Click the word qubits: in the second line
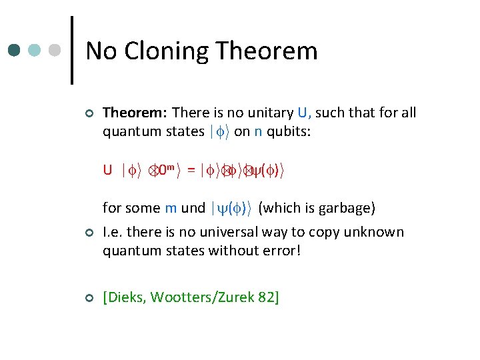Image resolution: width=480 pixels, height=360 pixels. (x=289, y=131)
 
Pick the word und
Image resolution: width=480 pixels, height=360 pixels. (x=193, y=208)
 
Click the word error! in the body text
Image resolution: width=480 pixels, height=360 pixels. (x=285, y=251)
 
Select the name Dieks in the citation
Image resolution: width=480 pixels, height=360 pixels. (x=127, y=297)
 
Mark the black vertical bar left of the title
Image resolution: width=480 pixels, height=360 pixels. (x=71, y=51)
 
